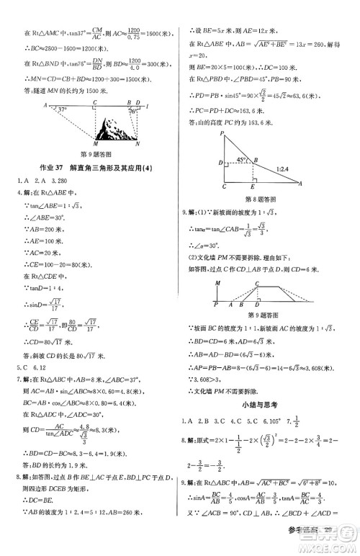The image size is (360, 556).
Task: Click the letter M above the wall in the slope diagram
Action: click(x=216, y=284)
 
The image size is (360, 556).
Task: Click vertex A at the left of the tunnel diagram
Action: click(x=44, y=104)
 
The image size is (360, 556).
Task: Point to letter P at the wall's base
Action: click(x=216, y=305)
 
